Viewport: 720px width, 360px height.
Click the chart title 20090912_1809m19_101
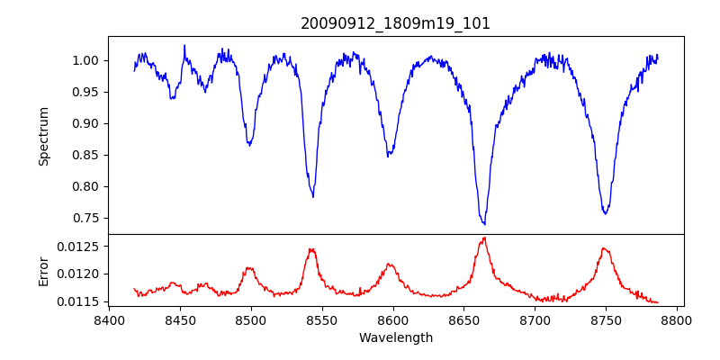395,23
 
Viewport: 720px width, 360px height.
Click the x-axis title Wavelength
395,337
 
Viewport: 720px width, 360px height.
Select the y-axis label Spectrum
43,136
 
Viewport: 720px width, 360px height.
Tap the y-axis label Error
43,271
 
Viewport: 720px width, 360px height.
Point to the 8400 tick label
109,319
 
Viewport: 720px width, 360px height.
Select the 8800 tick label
677,319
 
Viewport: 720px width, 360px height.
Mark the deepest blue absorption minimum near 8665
484,224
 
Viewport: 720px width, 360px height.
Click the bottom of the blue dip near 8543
312,196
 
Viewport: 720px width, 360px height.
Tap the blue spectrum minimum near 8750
606,213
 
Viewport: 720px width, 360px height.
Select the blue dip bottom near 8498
249,145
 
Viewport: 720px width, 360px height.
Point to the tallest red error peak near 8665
484,238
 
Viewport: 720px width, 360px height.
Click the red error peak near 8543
311,249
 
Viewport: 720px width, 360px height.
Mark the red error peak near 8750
605,248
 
